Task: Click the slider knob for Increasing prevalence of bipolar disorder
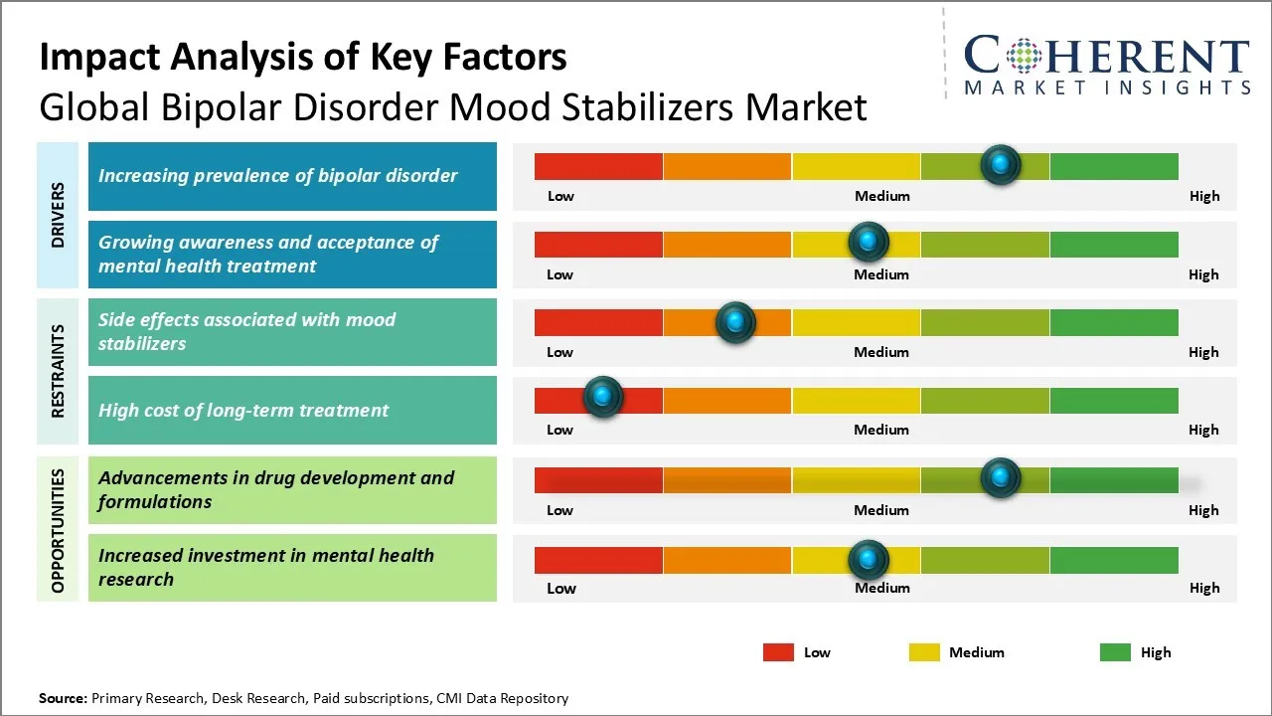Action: tap(1001, 164)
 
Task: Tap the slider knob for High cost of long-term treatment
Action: tap(602, 397)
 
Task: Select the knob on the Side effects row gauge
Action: tap(735, 322)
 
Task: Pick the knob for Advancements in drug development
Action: tap(1001, 478)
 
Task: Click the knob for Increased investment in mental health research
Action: tap(869, 560)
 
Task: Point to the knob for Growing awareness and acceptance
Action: tap(869, 242)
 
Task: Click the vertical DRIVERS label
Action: tap(58, 215)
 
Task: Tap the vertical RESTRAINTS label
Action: tap(58, 371)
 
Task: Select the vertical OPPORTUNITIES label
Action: tap(58, 530)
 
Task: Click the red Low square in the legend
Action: tap(778, 652)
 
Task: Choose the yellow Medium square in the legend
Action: tap(924, 652)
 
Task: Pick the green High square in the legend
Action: tap(1115, 652)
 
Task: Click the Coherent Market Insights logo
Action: tap(1106, 65)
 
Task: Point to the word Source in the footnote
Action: tap(63, 698)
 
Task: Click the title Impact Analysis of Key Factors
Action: tap(303, 58)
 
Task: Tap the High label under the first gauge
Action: tap(1204, 196)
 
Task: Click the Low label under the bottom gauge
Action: tap(561, 588)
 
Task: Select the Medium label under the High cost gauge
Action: tap(881, 430)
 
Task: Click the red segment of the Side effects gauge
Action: tap(598, 322)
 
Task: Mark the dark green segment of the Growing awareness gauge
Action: tap(1114, 244)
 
